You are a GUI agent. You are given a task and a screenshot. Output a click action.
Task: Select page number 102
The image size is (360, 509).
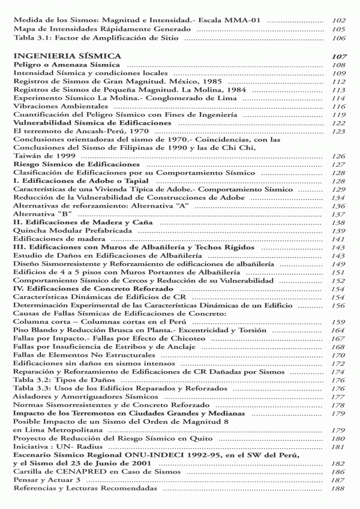coord(338,20)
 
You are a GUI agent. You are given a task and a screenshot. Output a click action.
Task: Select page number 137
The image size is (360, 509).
coord(338,214)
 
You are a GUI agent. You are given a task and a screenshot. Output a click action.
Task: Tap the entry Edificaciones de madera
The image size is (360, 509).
coord(52,239)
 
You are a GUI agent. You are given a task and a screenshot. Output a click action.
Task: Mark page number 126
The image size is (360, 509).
coord(338,156)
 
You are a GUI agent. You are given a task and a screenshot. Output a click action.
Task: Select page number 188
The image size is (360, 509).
coord(338,489)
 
